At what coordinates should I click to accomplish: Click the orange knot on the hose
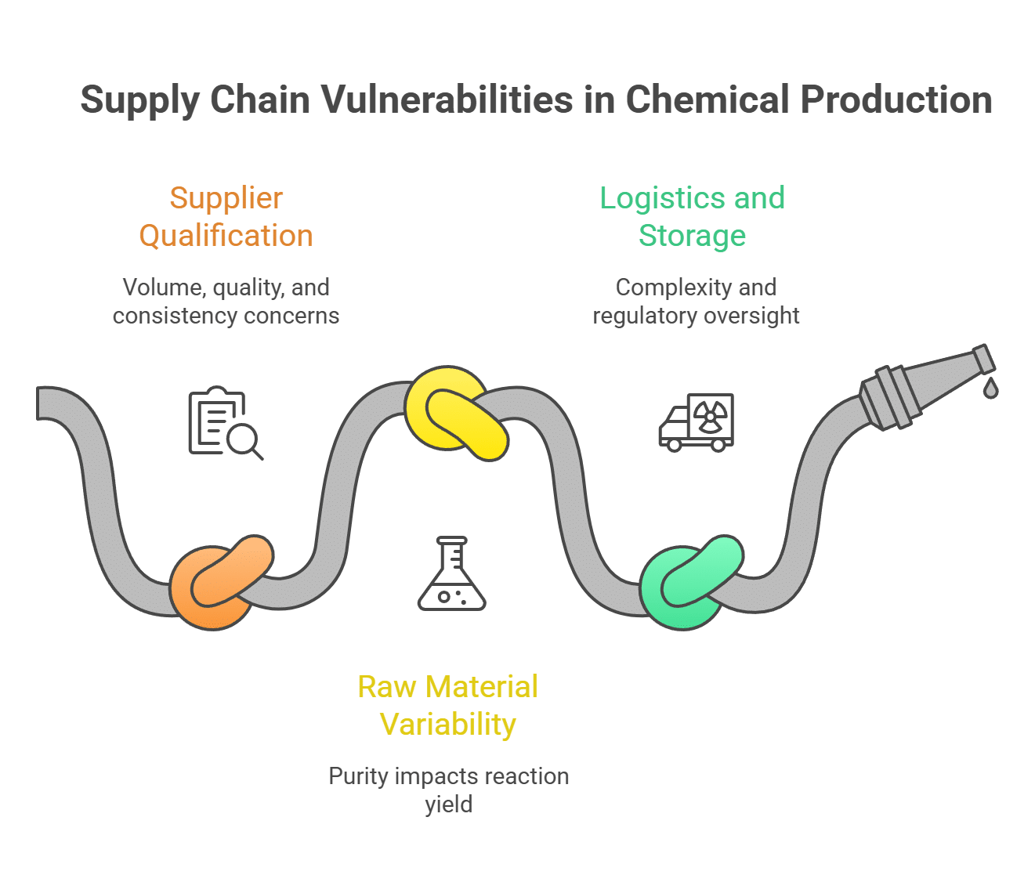pyautogui.click(x=220, y=584)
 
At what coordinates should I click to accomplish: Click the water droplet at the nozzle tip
pyautogui.click(x=990, y=387)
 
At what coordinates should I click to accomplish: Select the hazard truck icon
pyautogui.click(x=696, y=423)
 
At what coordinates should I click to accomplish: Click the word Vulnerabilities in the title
pyautogui.click(x=445, y=100)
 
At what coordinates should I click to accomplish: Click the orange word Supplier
pyautogui.click(x=226, y=198)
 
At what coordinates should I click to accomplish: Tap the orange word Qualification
pyautogui.click(x=226, y=236)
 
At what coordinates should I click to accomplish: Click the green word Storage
pyautogui.click(x=692, y=236)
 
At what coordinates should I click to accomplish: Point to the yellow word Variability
pyautogui.click(x=448, y=724)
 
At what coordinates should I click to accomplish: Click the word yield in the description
pyautogui.click(x=448, y=804)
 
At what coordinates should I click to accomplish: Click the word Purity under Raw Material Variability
pyautogui.click(x=358, y=776)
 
